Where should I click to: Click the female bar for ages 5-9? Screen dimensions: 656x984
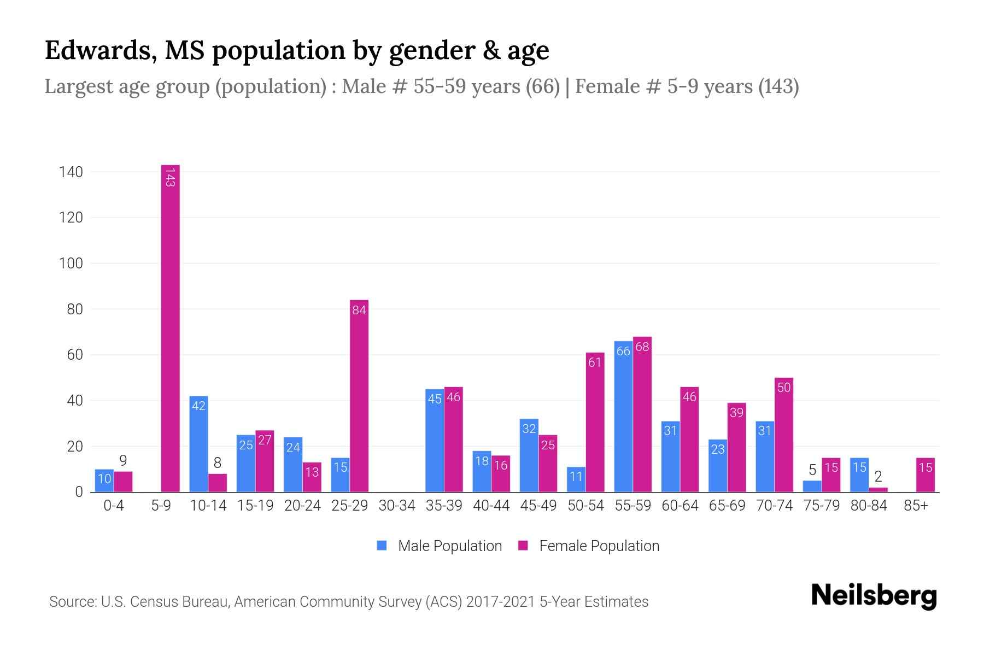click(x=171, y=328)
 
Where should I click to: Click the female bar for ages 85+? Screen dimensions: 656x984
click(x=926, y=475)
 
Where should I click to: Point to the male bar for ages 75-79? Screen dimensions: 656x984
click(x=812, y=486)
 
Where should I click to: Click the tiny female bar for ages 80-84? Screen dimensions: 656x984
click(x=878, y=490)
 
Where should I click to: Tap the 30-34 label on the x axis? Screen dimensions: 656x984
click(x=397, y=506)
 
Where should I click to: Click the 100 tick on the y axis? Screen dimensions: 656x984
click(x=71, y=263)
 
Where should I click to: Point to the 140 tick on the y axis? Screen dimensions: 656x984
click(x=71, y=172)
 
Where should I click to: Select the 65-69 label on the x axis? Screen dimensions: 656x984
click(x=727, y=506)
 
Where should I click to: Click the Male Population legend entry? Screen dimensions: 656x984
click(x=440, y=546)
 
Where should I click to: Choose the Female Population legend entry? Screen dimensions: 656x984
click(x=589, y=546)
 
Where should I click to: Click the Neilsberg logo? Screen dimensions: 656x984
click(x=874, y=596)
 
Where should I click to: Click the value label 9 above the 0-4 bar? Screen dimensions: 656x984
click(x=123, y=461)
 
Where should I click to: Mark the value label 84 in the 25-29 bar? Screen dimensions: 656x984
click(x=359, y=311)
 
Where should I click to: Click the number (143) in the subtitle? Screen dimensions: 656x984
click(x=778, y=86)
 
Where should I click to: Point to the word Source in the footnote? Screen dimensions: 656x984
click(x=72, y=602)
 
